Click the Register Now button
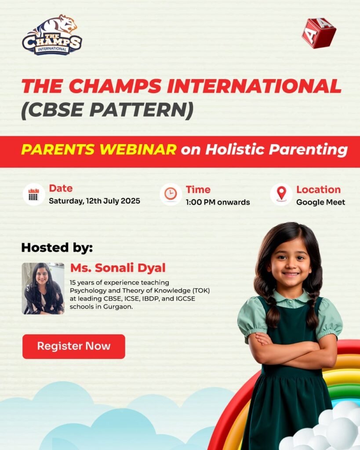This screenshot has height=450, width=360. coord(74,346)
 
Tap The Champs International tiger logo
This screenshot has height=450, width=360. coord(52,35)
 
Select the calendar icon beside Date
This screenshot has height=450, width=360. coord(34,194)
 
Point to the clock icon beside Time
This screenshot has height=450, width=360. coord(171,194)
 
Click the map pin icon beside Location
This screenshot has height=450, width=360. coord(281,194)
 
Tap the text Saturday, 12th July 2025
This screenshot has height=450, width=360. coord(95,201)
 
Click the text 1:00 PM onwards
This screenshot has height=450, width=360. coord(218,202)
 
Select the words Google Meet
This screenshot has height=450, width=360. coord(321,202)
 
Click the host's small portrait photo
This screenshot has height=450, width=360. coord(43,288)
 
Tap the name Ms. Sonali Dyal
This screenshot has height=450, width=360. coord(118,268)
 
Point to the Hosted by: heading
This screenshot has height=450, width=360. coord(57,248)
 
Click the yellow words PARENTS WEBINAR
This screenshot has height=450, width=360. coord(99,149)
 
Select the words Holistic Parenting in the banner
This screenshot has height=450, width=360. coord(276,150)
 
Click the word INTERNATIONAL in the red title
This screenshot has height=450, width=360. coord(254,86)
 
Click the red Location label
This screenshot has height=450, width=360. coord(318,190)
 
